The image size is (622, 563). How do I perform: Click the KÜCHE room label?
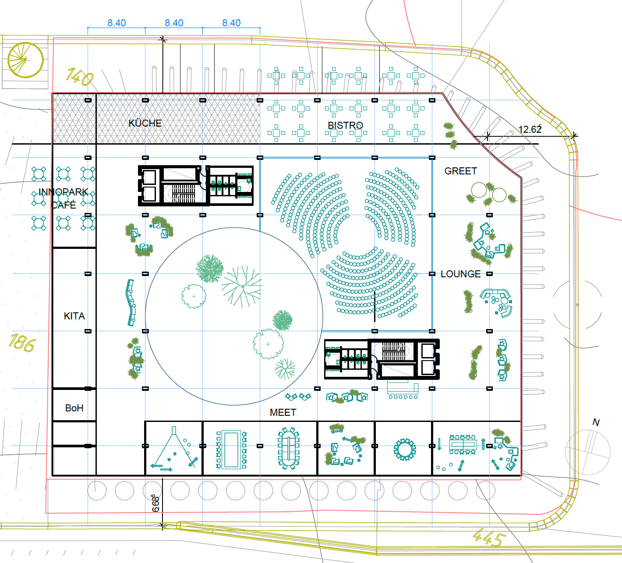click(x=145, y=123)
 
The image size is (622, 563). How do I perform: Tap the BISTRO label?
click(x=345, y=125)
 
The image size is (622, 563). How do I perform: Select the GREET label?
click(x=460, y=171)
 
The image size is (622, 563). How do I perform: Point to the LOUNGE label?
click(x=460, y=274)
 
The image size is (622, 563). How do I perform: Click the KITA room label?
click(x=74, y=316)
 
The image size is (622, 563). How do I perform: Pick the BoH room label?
click(x=74, y=408)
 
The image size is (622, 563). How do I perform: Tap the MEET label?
click(x=283, y=412)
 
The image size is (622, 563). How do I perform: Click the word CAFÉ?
click(x=64, y=205)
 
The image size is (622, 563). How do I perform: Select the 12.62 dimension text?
click(x=530, y=129)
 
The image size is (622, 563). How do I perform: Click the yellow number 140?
click(x=79, y=77)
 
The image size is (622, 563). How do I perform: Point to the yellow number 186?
click(x=22, y=343)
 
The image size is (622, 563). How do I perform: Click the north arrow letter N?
click(x=596, y=422)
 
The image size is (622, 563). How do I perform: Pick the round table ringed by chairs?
click(x=405, y=450)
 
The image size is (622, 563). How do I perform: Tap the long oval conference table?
click(x=289, y=448)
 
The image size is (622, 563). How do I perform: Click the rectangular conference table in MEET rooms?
click(x=231, y=450)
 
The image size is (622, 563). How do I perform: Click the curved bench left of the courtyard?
click(x=131, y=303)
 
